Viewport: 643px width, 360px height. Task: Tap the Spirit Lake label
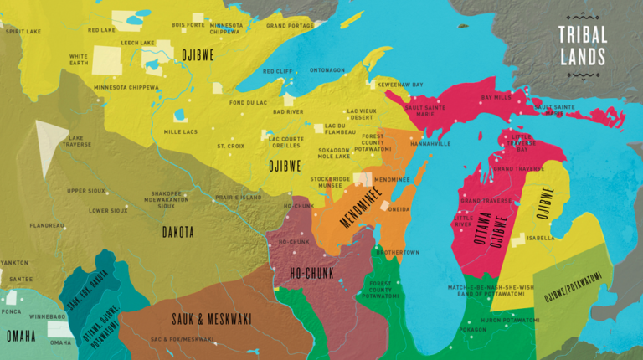click(23, 31)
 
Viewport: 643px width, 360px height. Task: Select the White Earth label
click(79, 60)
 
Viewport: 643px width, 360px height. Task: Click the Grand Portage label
click(289, 26)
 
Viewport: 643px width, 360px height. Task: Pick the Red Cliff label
click(278, 71)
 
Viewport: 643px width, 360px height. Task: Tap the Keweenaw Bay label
click(400, 85)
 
